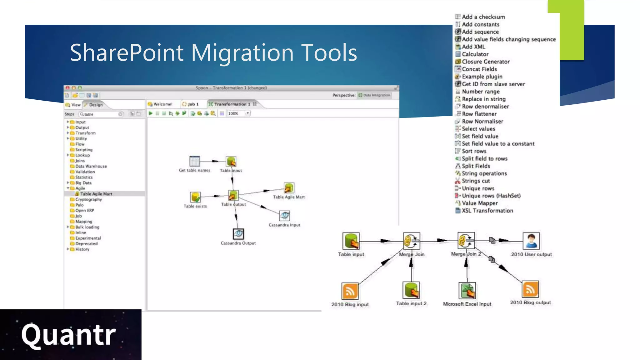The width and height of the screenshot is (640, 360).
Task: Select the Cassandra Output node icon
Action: (x=238, y=234)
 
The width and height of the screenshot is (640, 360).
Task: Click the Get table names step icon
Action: (x=195, y=161)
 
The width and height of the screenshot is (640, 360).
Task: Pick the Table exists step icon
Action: (x=195, y=197)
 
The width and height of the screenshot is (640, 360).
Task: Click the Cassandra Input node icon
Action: (x=284, y=215)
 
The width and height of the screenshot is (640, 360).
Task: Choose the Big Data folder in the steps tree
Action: (x=83, y=183)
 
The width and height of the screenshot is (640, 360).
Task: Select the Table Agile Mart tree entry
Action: (x=96, y=194)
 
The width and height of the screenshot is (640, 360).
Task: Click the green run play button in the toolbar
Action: (x=151, y=113)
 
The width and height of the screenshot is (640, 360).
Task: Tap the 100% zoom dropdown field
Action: (x=236, y=113)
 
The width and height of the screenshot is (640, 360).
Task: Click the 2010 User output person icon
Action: (x=531, y=241)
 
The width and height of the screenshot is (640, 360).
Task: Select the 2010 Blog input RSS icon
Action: (x=350, y=291)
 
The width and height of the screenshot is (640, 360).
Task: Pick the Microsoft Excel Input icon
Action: (x=467, y=291)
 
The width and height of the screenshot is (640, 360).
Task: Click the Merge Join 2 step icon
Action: (x=466, y=241)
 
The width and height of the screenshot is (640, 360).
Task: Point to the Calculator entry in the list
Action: (x=475, y=54)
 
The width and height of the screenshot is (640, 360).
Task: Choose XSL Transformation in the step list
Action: (x=487, y=211)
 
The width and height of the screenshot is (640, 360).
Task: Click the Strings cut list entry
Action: (x=476, y=181)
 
